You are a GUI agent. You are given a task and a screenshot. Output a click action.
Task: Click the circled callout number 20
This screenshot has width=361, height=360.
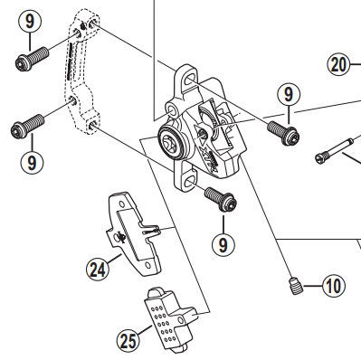click(339, 64)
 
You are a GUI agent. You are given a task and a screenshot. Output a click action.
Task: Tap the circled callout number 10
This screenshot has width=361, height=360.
click(334, 286)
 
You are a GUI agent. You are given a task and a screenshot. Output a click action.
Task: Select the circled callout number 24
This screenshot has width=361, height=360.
click(97, 270)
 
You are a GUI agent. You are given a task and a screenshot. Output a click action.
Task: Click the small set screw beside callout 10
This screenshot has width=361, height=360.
click(295, 286)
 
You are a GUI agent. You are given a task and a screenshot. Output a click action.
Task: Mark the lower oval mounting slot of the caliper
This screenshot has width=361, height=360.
click(188, 181)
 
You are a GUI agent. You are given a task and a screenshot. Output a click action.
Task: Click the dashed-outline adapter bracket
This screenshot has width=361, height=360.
click(81, 72)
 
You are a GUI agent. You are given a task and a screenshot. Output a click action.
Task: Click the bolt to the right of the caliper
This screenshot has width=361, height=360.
click(283, 132)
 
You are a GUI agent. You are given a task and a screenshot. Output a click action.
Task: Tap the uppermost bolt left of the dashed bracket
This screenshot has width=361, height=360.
click(32, 59)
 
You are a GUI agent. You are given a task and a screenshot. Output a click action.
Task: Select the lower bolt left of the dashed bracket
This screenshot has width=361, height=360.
click(28, 126)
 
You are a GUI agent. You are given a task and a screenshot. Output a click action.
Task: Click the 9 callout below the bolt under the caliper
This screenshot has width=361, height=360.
click(223, 244)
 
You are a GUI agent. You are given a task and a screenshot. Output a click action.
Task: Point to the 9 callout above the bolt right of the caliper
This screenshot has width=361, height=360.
click(289, 94)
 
